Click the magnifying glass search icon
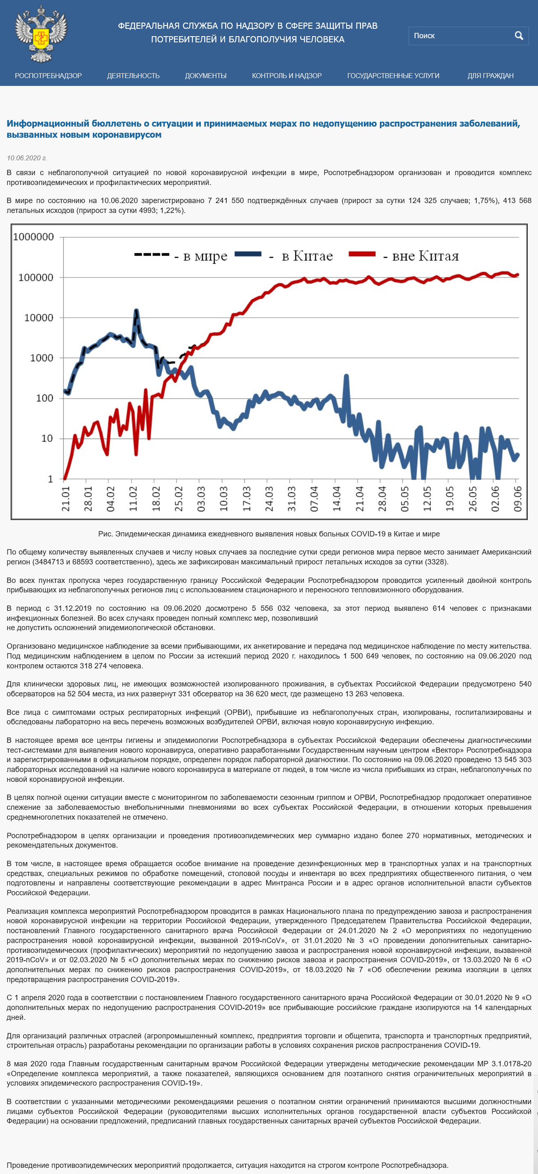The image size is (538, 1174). click(519, 35)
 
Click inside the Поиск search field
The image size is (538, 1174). click(460, 35)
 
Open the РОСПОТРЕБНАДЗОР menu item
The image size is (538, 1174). click(48, 76)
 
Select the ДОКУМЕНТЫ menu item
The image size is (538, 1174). click(206, 76)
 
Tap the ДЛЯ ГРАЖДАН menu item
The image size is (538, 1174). click(490, 76)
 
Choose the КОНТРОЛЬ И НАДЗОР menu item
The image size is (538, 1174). click(287, 76)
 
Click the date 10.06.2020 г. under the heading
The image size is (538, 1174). click(27, 158)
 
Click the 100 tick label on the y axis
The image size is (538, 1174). click(45, 398)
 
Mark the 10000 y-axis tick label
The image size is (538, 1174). click(39, 318)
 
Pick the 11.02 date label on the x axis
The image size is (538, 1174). click(133, 499)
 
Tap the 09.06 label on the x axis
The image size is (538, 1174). click(517, 499)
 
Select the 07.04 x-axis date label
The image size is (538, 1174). click(314, 499)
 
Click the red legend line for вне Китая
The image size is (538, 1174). click(362, 254)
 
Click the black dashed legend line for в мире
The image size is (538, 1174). click(152, 254)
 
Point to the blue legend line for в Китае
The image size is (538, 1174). click(248, 254)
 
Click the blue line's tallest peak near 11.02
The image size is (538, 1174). click(136, 311)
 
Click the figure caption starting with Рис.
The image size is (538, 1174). click(269, 534)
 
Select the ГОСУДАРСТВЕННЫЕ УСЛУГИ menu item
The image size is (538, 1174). click(393, 76)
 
